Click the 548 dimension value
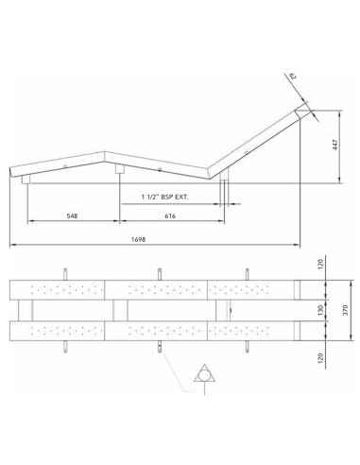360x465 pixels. pos(72,215)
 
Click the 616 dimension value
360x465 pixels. pos(170,215)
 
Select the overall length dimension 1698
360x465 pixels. pos(138,239)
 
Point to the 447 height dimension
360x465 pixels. pos(335,145)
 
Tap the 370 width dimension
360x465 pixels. pos(345,310)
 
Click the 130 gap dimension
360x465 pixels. pos(320,310)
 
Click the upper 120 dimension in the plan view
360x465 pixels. pos(320,265)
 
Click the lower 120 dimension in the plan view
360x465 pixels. pos(320,358)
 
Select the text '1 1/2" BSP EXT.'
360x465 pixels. pos(164,198)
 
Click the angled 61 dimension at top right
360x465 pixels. pos(293,76)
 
